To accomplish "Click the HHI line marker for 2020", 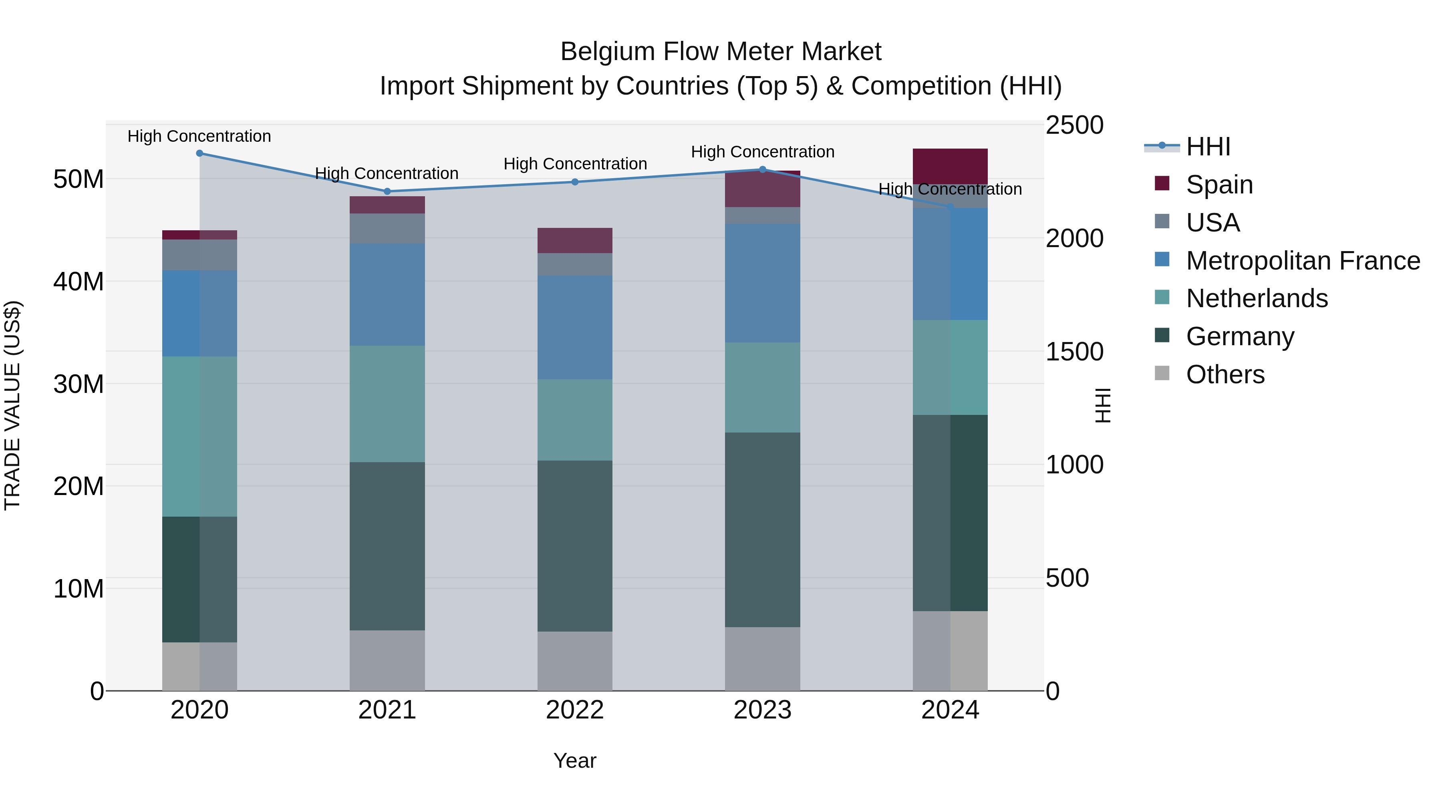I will (199, 153).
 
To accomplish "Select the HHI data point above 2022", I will (574, 182).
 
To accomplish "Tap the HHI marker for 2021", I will (387, 191).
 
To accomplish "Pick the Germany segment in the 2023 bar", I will (762, 529).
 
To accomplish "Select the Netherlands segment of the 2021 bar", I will (387, 404).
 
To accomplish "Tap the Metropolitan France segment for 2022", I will (574, 328).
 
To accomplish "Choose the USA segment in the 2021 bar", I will (387, 228).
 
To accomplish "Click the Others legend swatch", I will (1162, 373).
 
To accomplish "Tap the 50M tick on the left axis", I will (79, 180).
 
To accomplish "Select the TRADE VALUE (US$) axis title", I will (12, 405).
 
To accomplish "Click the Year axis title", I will (574, 761).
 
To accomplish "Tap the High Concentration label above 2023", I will (762, 152).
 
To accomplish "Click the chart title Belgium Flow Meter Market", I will (721, 52).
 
